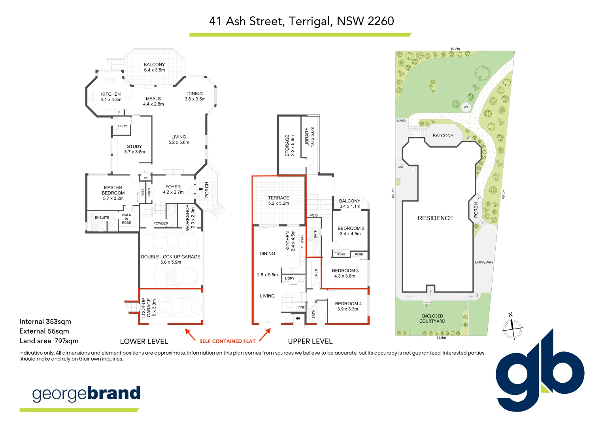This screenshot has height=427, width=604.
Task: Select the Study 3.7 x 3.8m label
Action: tap(134, 149)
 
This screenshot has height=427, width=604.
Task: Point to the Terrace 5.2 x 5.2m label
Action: tap(278, 200)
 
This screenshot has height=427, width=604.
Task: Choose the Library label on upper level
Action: tap(310, 137)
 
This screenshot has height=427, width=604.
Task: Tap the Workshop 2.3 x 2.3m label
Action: tap(190, 217)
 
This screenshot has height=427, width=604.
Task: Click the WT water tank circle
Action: tap(466, 107)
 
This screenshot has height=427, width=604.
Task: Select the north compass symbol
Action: tap(512, 327)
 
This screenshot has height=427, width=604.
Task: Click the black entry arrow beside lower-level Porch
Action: tap(200, 190)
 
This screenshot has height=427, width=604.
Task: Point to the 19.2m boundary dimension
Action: tap(455, 49)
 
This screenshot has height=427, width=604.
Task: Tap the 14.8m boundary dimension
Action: tap(441, 338)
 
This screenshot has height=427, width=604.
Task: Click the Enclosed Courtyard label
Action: tap(432, 319)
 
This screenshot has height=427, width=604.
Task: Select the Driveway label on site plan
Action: tap(484, 262)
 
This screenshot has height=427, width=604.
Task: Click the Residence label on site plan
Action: tap(435, 218)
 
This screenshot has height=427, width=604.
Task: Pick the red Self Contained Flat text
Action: tap(227, 341)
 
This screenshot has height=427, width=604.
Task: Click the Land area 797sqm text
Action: tap(49, 341)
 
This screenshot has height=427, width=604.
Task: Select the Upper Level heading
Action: tap(310, 341)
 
